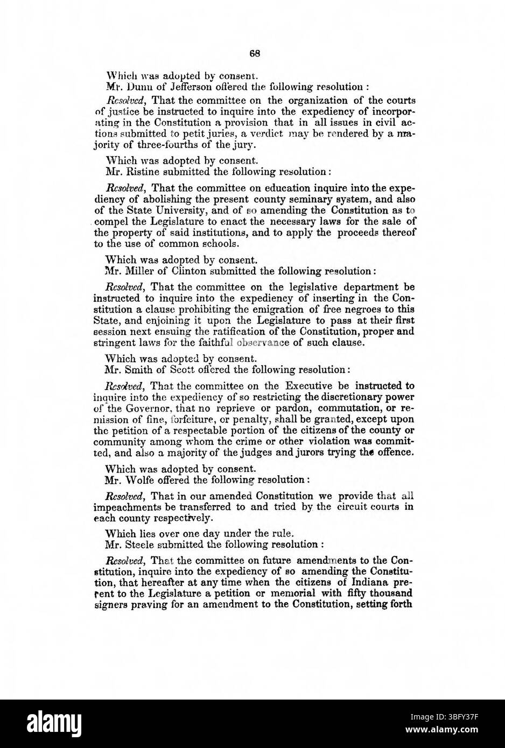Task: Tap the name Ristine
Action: click(139, 172)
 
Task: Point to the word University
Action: click(173, 210)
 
